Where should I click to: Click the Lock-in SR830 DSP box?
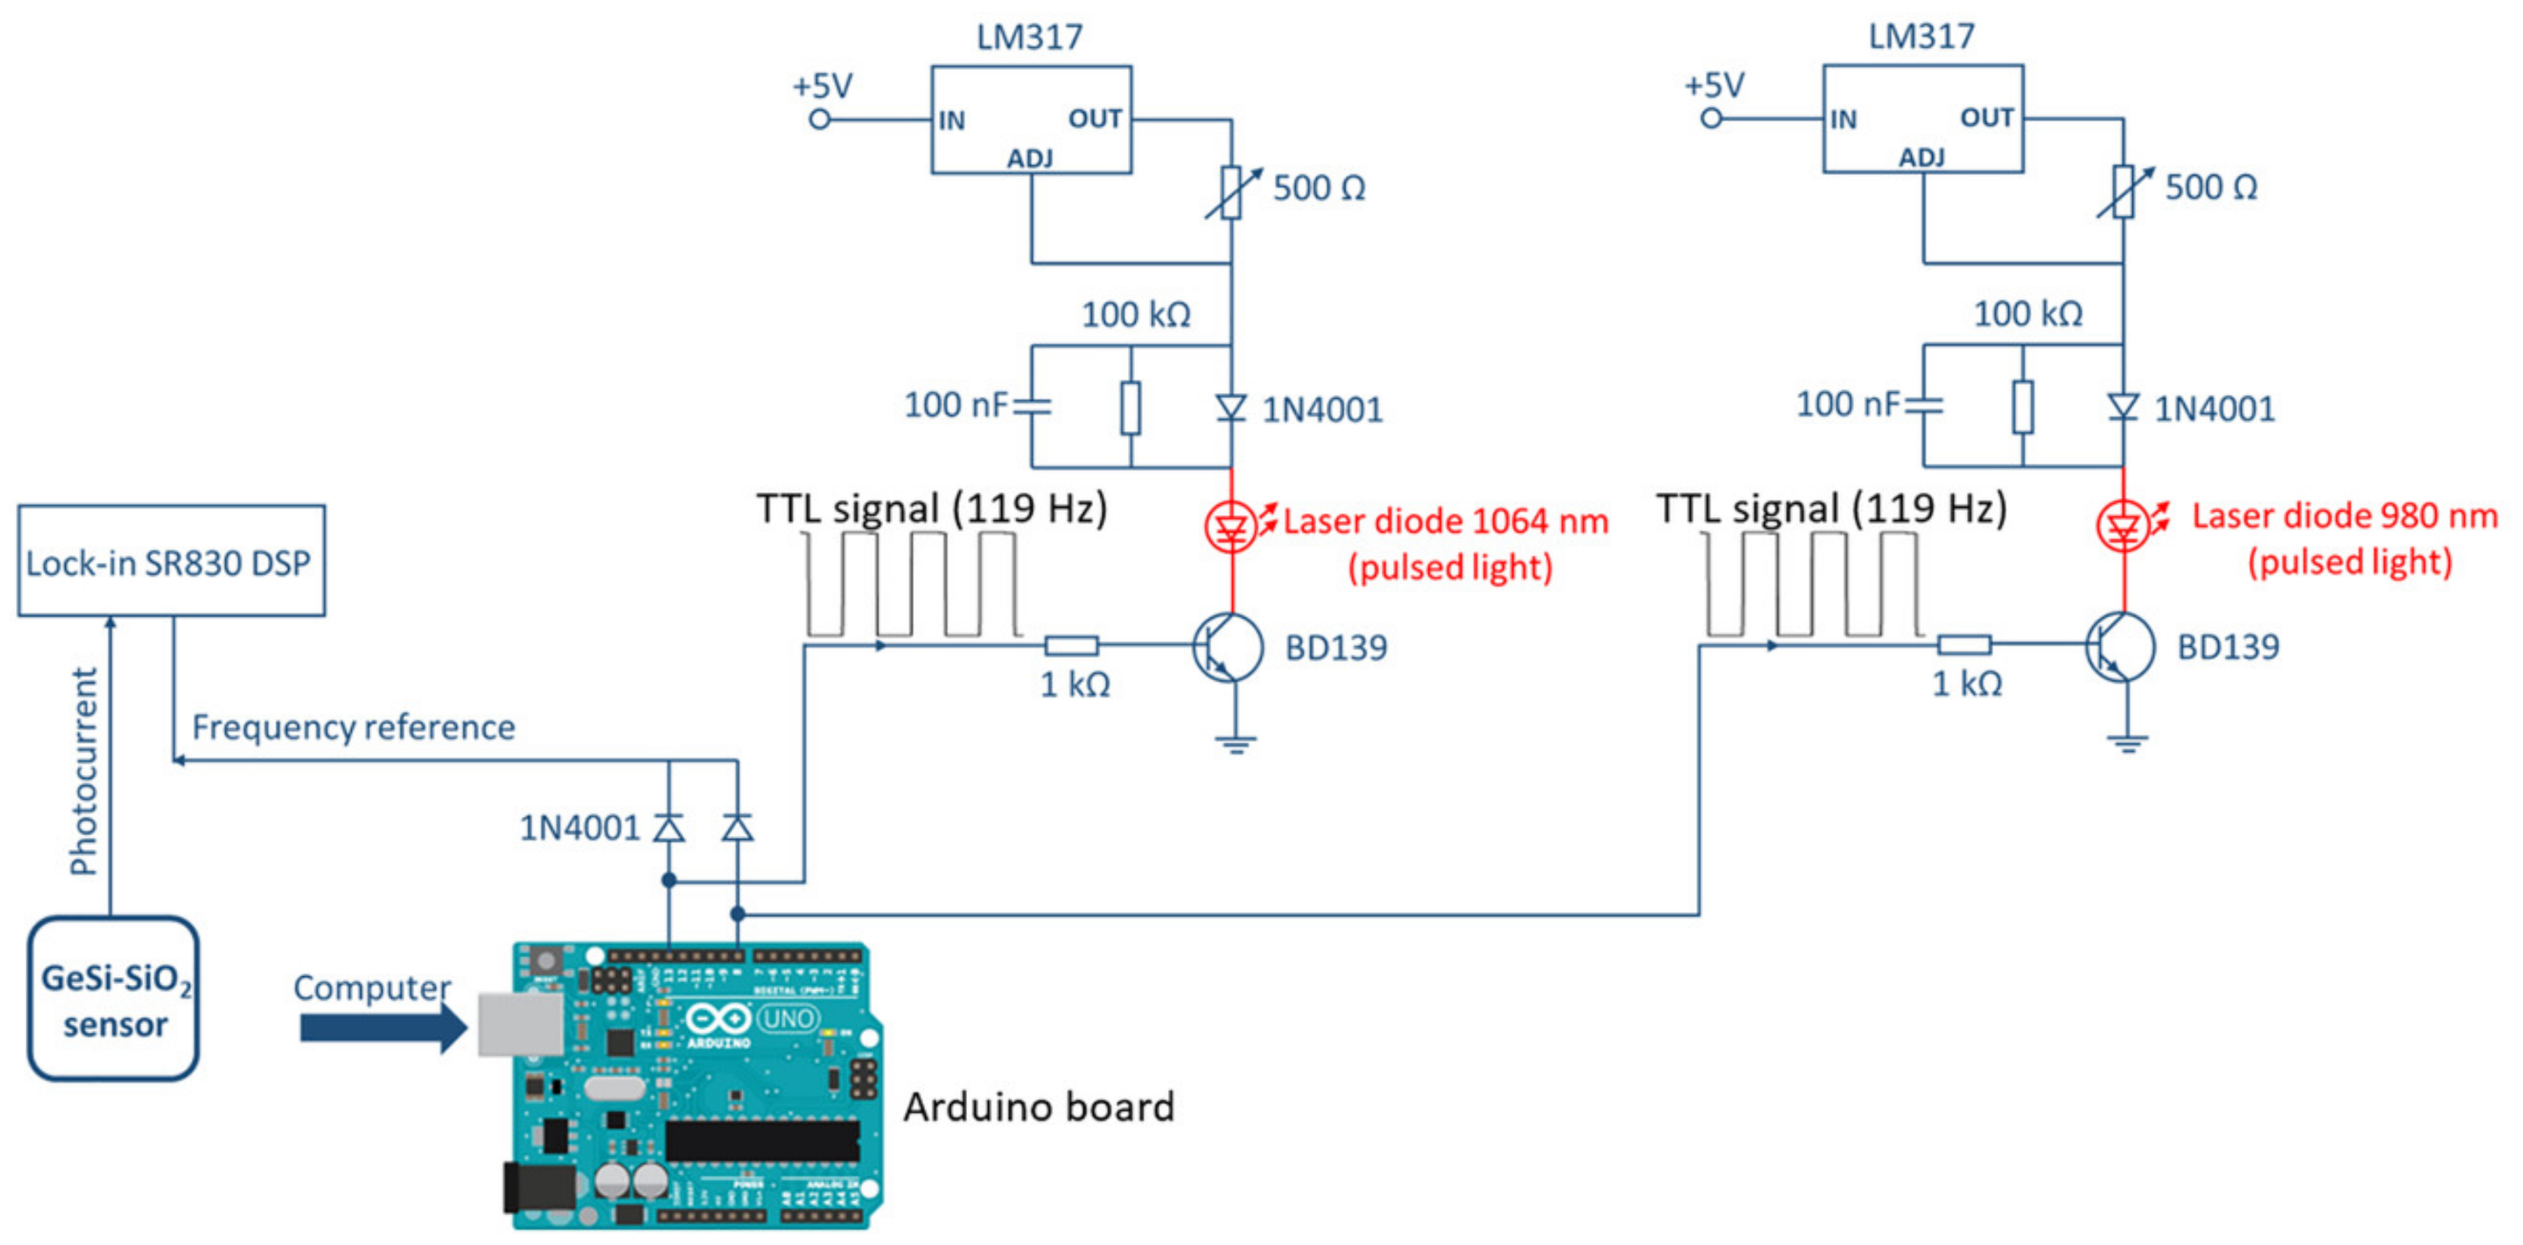pos(171,560)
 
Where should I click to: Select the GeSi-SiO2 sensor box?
pos(113,999)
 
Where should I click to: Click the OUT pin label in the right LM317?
pos(1986,118)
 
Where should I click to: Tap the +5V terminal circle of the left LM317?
pos(820,120)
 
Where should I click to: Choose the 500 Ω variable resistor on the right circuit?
pos(2122,191)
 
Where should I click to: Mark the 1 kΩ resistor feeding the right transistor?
pos(1964,645)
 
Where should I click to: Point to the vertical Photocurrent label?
pos(84,771)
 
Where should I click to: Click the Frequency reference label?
pos(352,727)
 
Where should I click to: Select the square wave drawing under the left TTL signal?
pos(911,585)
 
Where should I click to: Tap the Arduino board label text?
pos(1038,1107)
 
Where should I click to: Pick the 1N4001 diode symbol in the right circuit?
pos(2122,406)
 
